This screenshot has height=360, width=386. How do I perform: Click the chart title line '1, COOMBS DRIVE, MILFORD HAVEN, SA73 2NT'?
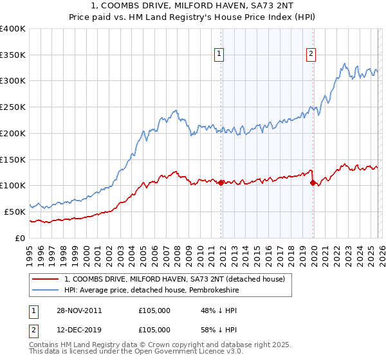click(193, 6)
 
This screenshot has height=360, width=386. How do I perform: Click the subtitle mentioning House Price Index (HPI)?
click(193, 17)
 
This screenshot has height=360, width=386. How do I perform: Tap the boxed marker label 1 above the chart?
click(220, 55)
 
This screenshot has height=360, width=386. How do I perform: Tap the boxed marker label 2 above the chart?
click(311, 55)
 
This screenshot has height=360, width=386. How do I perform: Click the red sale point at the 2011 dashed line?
click(221, 183)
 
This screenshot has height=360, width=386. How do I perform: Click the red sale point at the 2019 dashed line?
click(313, 183)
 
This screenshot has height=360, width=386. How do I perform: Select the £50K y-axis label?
click(15, 212)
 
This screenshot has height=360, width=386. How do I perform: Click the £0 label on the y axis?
click(19, 238)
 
